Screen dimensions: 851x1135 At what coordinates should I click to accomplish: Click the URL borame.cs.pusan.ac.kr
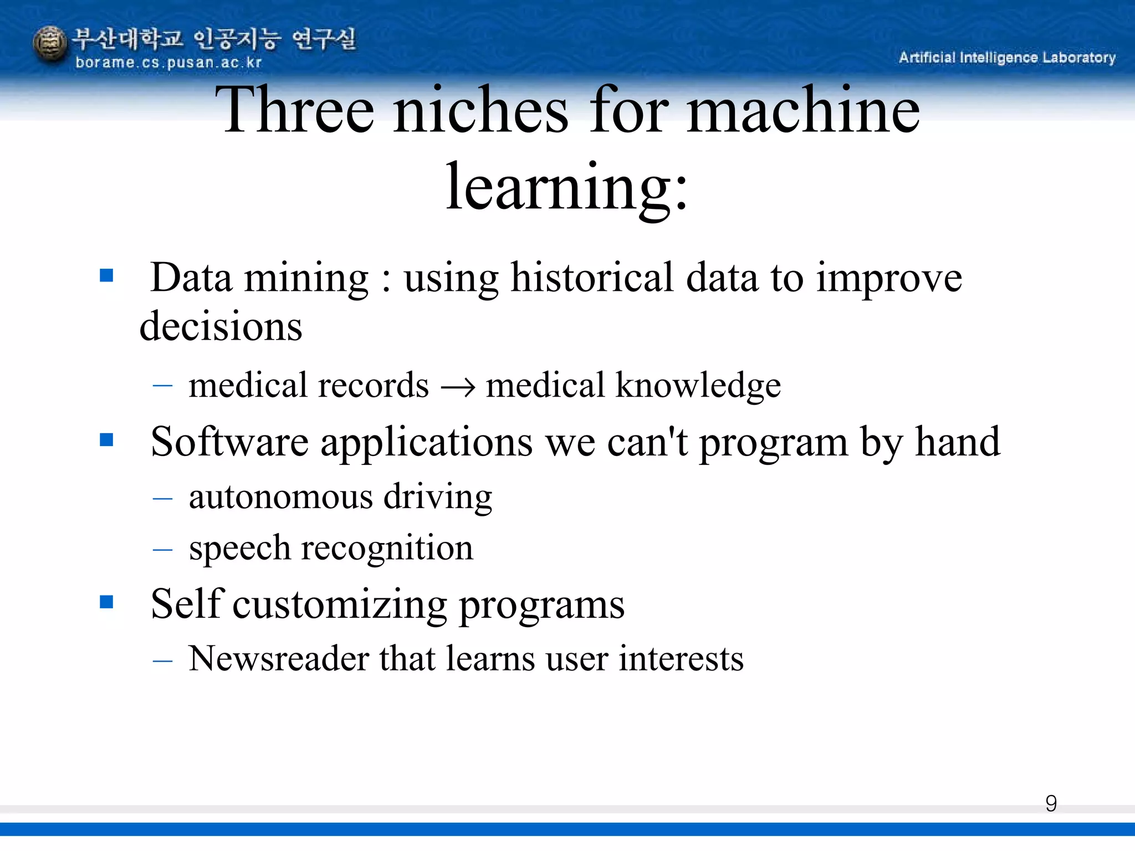pos(168,63)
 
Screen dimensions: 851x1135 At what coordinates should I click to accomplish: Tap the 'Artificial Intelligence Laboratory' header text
pos(1007,58)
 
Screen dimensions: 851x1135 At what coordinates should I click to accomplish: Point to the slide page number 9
pos(1051,803)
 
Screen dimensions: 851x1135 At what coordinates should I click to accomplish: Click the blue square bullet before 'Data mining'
pos(106,275)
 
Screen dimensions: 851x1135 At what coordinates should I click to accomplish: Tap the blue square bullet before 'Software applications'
pos(106,440)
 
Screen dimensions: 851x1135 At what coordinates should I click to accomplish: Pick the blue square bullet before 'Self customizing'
pos(106,602)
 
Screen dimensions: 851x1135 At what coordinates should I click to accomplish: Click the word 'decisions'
pos(221,326)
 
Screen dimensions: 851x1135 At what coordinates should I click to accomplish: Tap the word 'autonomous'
pos(280,496)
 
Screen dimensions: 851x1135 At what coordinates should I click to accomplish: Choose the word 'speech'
pos(239,549)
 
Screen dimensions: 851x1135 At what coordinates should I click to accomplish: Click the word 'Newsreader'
pos(279,659)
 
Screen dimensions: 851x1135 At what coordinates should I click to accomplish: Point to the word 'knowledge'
pos(698,386)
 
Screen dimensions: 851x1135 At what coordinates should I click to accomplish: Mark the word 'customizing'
pos(340,604)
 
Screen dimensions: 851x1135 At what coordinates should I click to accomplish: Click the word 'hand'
pos(958,442)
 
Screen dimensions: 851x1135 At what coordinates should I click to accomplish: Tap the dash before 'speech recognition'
pos(162,550)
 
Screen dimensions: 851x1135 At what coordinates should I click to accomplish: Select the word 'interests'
pos(681,659)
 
